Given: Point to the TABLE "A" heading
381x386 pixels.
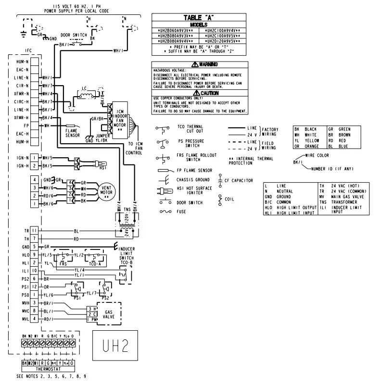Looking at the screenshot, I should [x=199, y=17].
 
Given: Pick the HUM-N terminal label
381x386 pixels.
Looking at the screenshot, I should [x=22, y=62].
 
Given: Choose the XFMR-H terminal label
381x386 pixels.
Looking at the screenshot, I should [x=22, y=117].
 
